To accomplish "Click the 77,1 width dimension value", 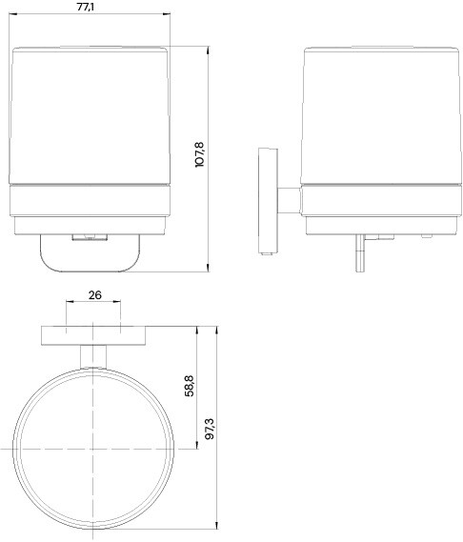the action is click(86, 7).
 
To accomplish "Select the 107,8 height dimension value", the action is click(200, 154).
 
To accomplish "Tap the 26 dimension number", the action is click(94, 295).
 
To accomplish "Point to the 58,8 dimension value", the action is click(190, 386).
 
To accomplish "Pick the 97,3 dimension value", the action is click(210, 429).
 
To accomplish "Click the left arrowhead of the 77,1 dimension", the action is click(12, 14).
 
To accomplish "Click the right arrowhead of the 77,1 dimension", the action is click(167, 14).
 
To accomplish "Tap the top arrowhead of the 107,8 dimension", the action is click(208, 50).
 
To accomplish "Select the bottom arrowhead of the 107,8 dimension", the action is click(208, 268).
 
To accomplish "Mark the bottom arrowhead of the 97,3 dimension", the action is click(216, 525).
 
